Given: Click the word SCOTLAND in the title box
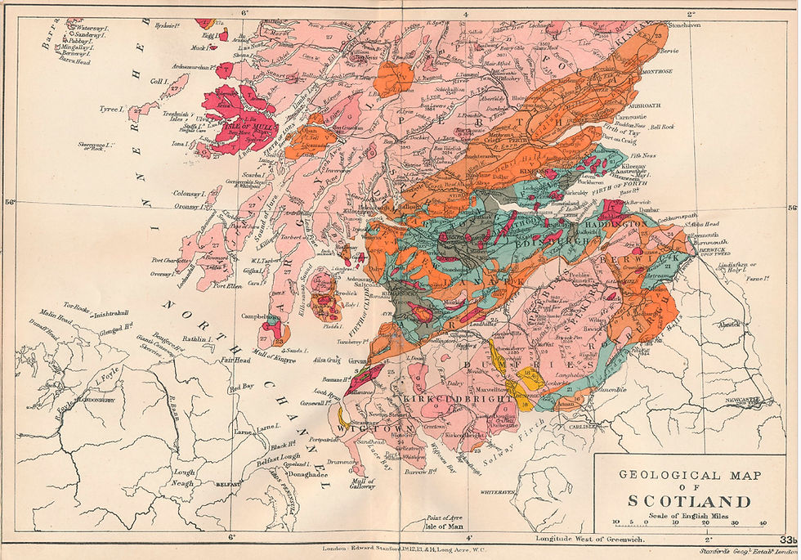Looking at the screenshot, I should point(689,500).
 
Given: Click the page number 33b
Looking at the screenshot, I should point(787,540).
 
